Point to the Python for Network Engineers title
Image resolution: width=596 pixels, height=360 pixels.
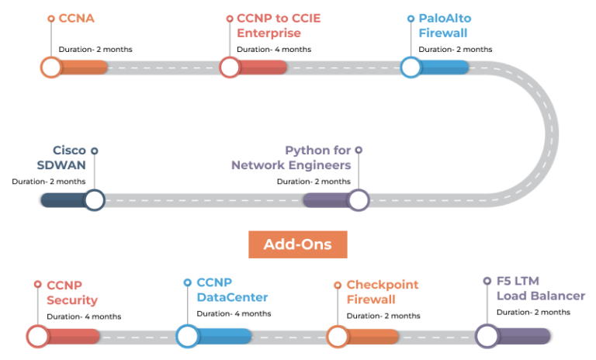pyautogui.click(x=292, y=157)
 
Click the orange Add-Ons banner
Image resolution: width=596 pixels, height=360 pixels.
pyautogui.click(x=297, y=244)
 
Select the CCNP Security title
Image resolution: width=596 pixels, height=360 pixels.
pyautogui.click(x=72, y=292)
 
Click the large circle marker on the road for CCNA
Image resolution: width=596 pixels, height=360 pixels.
pyautogui.click(x=51, y=67)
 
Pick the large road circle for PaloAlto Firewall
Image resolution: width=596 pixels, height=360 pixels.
pyautogui.click(x=411, y=67)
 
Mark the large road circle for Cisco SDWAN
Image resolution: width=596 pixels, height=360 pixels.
pyautogui.click(x=95, y=200)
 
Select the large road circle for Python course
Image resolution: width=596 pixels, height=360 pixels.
pyautogui.click(x=358, y=200)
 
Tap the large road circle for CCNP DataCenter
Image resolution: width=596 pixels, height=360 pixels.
pyautogui.click(x=187, y=336)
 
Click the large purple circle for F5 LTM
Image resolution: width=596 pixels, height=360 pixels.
pyautogui.click(x=487, y=336)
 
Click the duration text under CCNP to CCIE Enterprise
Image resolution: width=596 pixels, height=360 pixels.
pyautogui.click(x=274, y=49)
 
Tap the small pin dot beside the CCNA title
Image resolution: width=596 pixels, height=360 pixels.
pyautogui.click(x=51, y=18)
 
